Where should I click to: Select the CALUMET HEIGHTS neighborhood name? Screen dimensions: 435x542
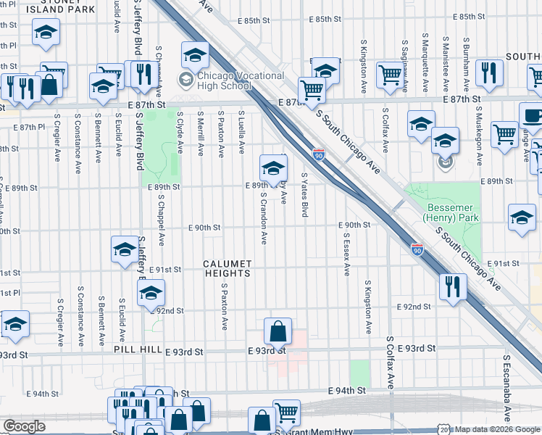[227, 268]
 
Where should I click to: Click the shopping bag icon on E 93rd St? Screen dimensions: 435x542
[278, 332]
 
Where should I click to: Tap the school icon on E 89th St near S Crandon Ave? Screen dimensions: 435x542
[273, 168]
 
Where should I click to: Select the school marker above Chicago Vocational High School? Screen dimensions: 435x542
[195, 55]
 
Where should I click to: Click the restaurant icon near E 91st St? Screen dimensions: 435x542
[451, 285]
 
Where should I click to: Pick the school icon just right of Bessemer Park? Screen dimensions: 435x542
[522, 217]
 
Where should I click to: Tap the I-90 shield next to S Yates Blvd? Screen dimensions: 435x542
[319, 154]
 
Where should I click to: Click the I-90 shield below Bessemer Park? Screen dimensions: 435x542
[417, 249]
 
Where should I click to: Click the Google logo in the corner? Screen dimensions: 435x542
[24, 426]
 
